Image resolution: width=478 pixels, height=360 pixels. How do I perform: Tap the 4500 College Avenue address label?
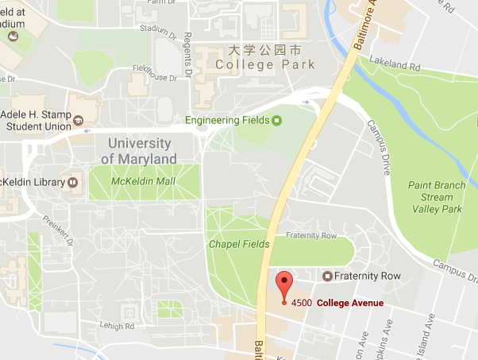click(x=337, y=303)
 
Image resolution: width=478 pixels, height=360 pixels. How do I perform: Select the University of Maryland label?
click(x=139, y=151)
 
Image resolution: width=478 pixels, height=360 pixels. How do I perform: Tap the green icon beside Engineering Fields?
click(x=276, y=121)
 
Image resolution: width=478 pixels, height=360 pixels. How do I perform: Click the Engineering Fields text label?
click(x=227, y=121)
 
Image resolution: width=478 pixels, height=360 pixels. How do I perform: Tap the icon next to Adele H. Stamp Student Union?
click(x=79, y=120)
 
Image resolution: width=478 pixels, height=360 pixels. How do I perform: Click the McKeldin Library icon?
click(x=73, y=182)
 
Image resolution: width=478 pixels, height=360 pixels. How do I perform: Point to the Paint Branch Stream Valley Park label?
click(x=437, y=197)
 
